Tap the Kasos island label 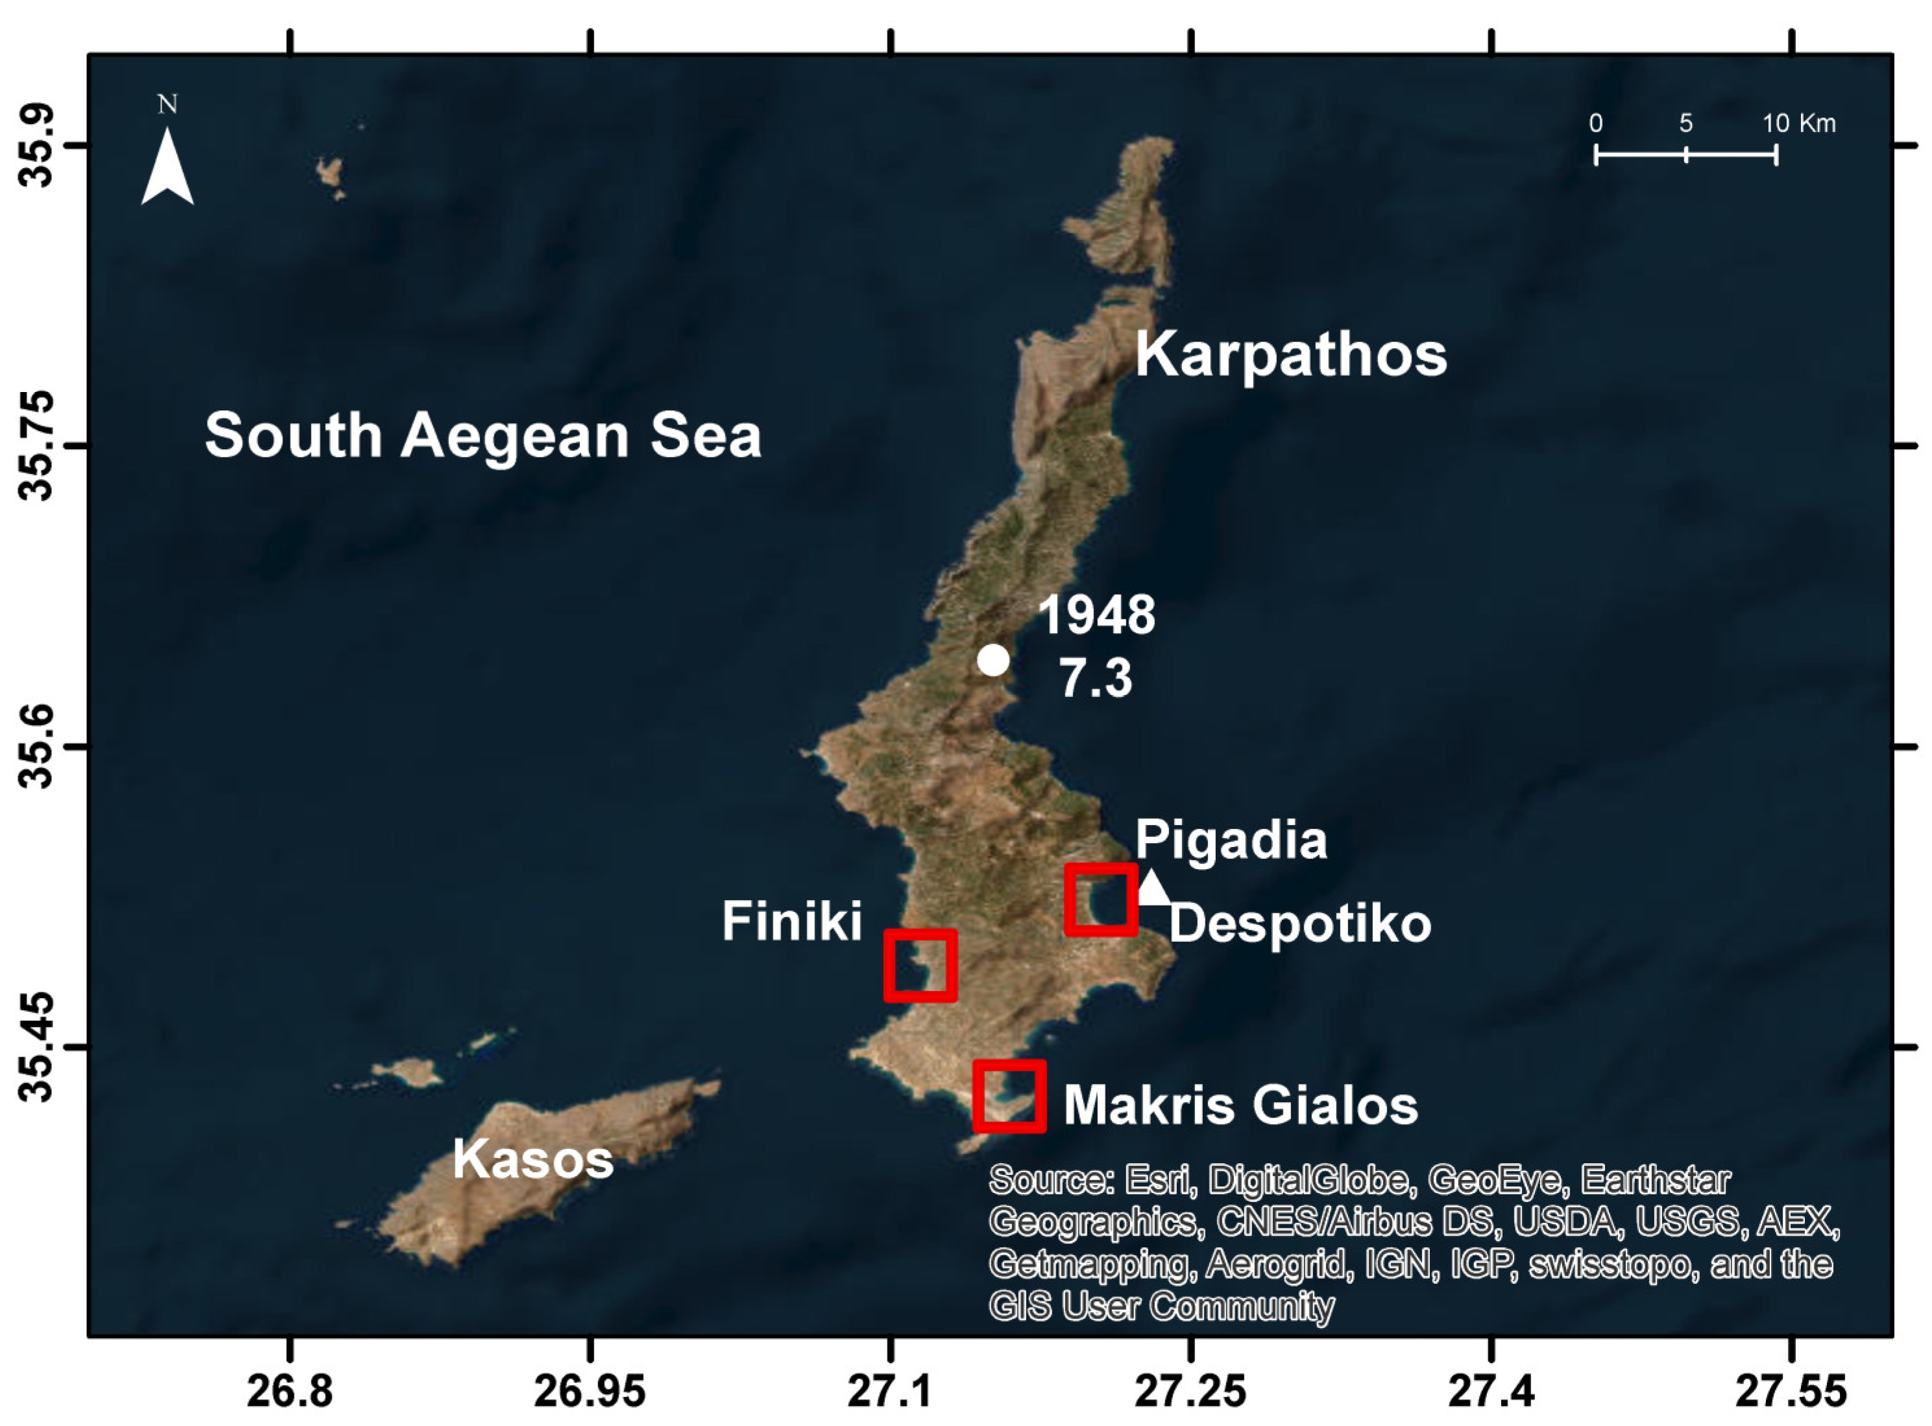(533, 1159)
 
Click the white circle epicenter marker (993, 659)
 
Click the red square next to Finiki (921, 966)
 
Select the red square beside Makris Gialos (1009, 1096)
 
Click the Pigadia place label (1231, 839)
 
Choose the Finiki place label (791, 921)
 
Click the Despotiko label (1299, 924)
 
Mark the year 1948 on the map (1096, 615)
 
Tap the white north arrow (167, 168)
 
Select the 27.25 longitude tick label (1190, 1392)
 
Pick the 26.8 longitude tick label (289, 1392)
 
